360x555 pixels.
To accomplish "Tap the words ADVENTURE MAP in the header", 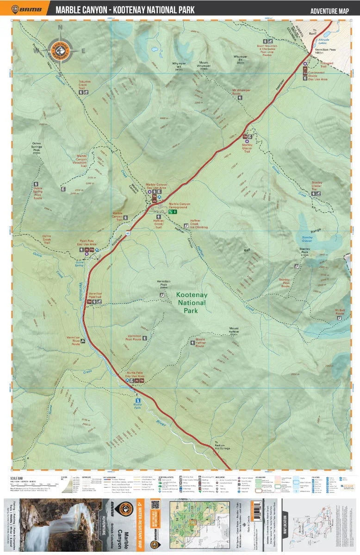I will (x=329, y=11).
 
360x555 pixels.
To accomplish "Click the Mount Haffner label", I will (x=233, y=332).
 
